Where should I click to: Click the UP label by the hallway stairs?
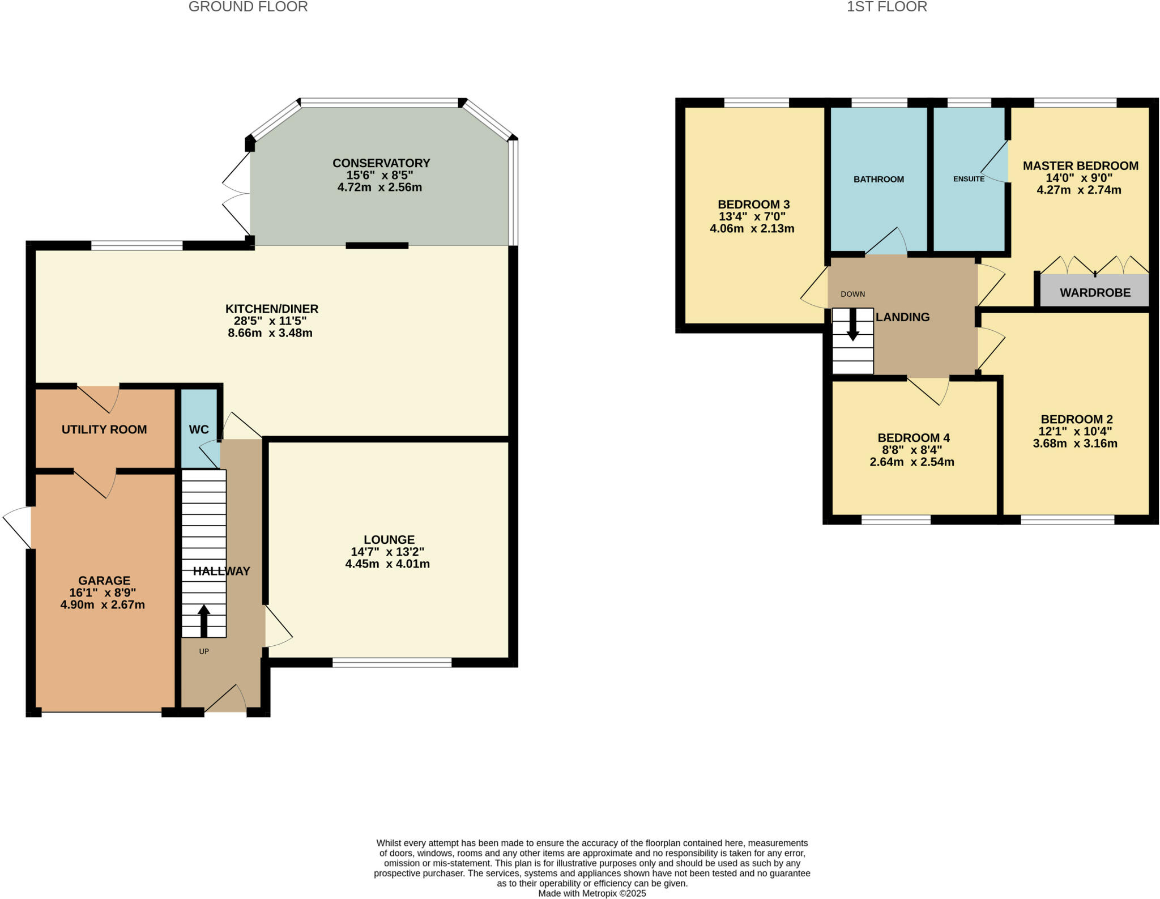204,651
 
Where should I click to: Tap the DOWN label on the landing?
852,294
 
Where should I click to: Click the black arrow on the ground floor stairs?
203,621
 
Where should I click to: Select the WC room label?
199,429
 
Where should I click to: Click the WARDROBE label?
1095,293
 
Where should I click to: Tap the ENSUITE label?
969,179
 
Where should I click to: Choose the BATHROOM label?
878,179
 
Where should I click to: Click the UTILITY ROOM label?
104,429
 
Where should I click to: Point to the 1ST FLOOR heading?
886,7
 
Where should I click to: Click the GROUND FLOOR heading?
248,7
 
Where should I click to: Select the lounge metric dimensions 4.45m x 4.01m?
387,564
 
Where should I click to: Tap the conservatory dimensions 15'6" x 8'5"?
380,175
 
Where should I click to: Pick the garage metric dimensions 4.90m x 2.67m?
103,604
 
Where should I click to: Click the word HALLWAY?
221,571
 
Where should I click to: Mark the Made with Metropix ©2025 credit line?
592,893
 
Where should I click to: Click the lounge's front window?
392,662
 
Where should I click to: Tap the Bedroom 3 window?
756,103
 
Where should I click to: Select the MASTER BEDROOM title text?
1080,166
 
